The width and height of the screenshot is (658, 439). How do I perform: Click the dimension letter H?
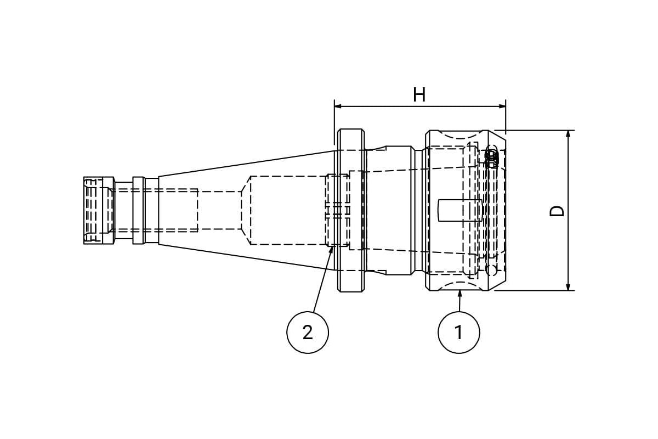[419, 95]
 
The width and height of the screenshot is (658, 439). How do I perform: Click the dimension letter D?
[557, 211]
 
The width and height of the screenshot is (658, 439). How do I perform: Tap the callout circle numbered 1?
[458, 332]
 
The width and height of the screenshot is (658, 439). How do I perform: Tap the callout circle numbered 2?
[308, 332]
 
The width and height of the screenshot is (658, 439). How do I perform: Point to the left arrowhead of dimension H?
[338, 106]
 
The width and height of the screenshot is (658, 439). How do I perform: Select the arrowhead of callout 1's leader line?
[460, 293]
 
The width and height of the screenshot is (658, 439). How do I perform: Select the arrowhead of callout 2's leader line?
[332, 250]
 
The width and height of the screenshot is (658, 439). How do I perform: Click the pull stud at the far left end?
[99, 210]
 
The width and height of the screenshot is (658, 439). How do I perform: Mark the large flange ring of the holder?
[351, 210]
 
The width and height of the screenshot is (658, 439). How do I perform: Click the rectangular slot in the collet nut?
[459, 210]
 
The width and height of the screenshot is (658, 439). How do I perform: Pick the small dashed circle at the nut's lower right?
[491, 270]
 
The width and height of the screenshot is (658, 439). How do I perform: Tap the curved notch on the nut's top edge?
[460, 135]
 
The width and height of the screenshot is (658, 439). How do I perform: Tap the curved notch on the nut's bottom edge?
[460, 286]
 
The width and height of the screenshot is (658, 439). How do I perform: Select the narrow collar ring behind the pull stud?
[138, 210]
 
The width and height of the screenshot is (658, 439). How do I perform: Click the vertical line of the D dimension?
[568, 210]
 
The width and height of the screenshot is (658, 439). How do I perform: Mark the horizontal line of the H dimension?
[420, 106]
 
